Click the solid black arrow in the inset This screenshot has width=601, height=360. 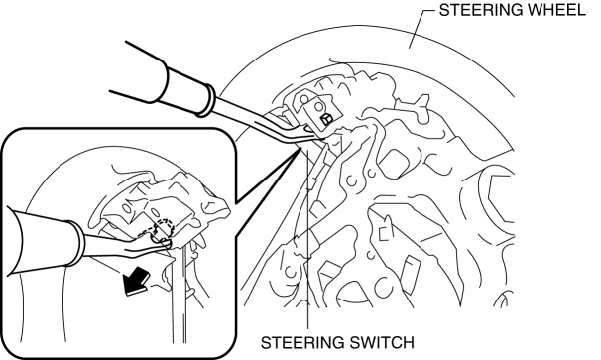tap(136, 281)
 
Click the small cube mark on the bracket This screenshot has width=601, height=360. tap(326, 119)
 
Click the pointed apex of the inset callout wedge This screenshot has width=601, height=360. tap(300, 149)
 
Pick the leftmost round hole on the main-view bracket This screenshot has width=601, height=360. tap(304, 100)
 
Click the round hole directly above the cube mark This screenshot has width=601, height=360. tap(318, 106)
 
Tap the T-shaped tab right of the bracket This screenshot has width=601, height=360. tap(416, 105)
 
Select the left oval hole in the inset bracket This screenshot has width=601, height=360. tap(126, 208)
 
